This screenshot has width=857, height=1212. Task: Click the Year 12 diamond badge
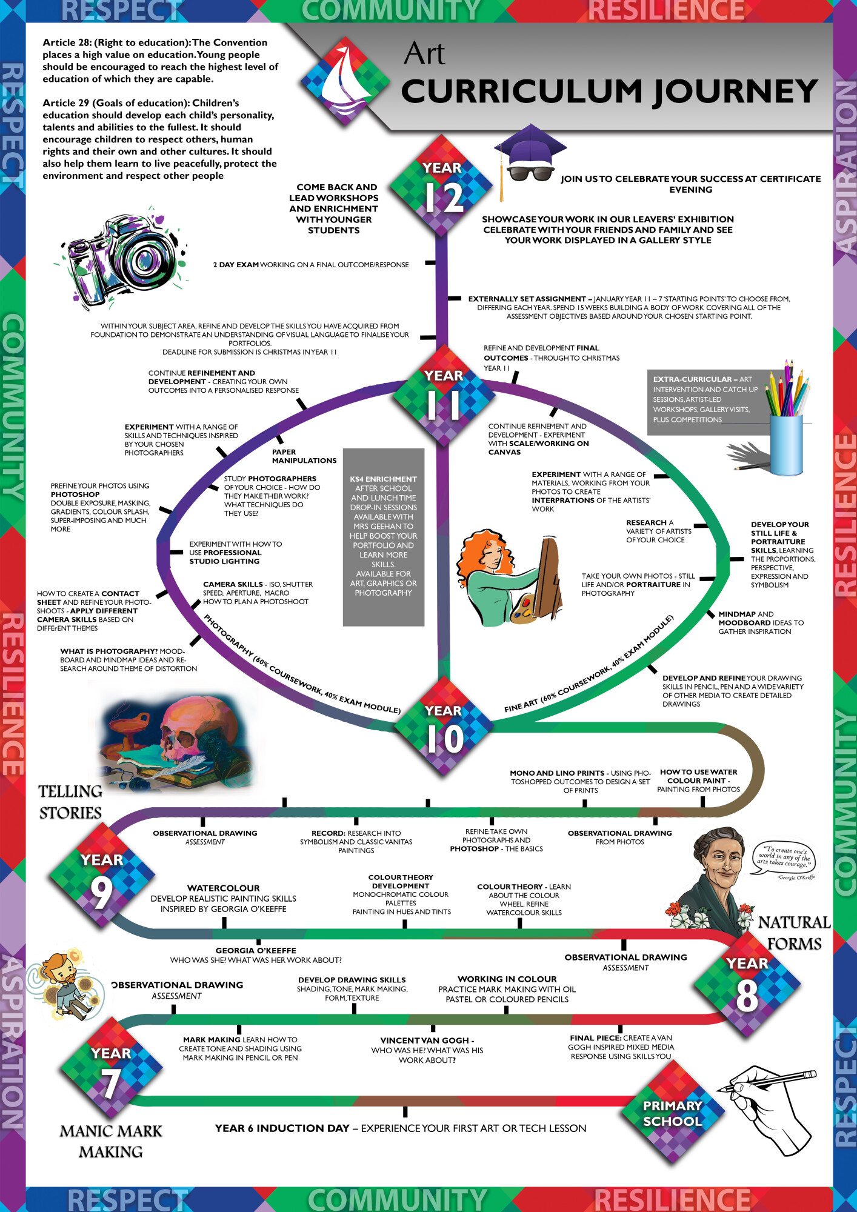441,185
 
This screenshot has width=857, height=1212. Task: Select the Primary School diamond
673,1114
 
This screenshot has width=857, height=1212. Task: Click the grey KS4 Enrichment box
383,537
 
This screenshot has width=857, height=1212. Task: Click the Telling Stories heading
70,802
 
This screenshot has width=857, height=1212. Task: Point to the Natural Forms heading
794,933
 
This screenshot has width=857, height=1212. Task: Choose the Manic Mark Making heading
111,1141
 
